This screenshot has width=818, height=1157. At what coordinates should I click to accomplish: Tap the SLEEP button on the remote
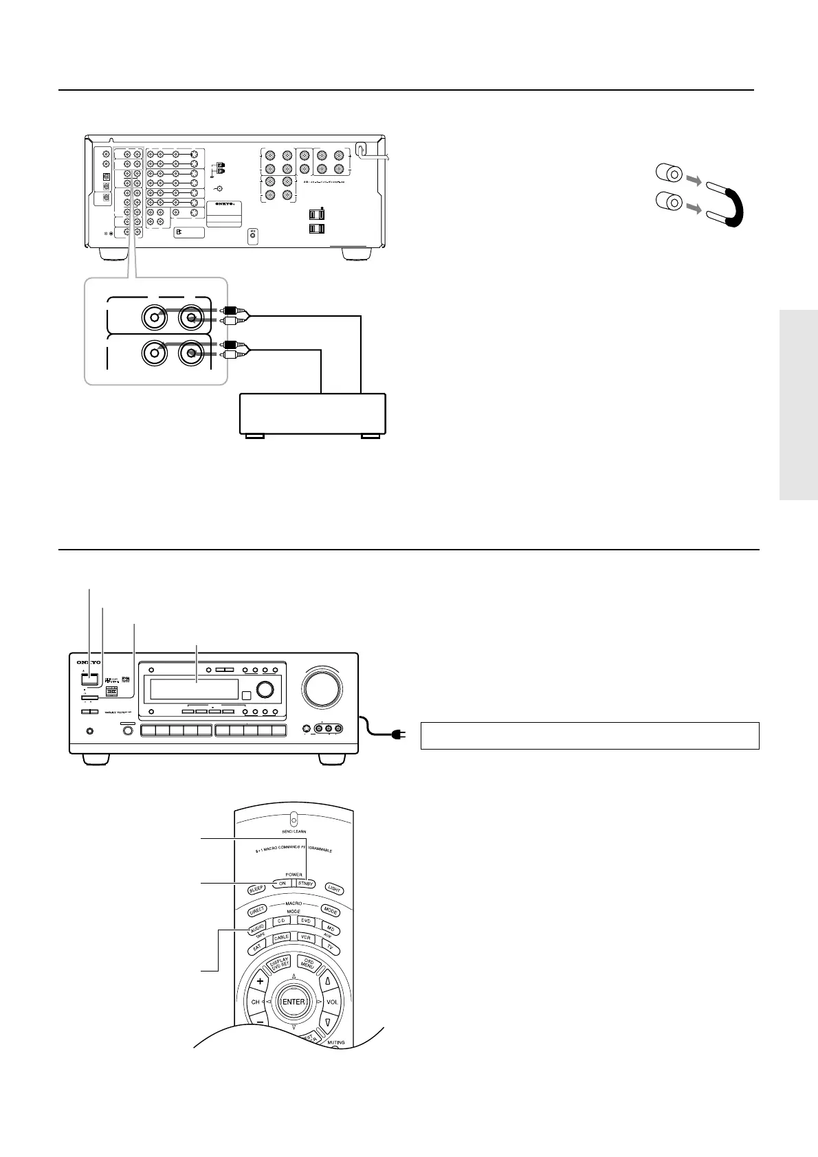point(256,888)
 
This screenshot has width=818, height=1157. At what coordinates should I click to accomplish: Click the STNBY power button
point(305,884)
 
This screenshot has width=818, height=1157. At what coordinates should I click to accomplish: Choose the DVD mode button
point(307,921)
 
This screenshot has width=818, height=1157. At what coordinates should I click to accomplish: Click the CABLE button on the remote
point(282,938)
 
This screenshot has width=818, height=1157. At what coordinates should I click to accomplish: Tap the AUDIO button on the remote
point(256,928)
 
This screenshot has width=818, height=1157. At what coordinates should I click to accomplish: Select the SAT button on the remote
point(257,947)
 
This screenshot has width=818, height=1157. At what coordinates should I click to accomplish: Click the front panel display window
point(195,689)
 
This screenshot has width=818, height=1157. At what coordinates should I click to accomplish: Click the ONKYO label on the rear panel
point(224,204)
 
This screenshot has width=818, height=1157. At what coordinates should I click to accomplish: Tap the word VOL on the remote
point(332,1002)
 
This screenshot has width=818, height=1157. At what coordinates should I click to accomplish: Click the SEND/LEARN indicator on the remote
point(294,820)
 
